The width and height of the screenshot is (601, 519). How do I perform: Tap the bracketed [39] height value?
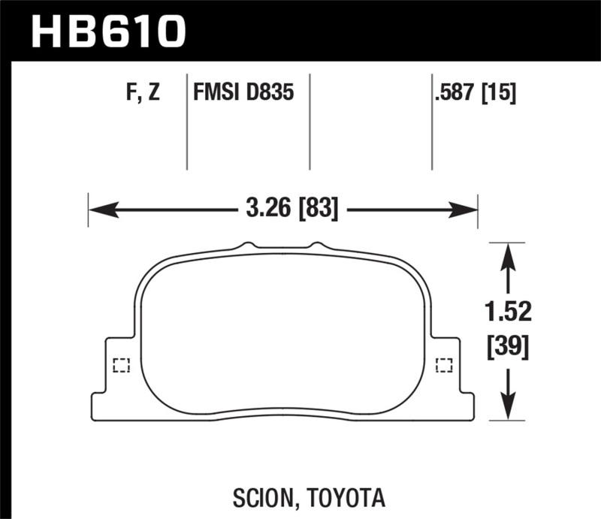pos(509,346)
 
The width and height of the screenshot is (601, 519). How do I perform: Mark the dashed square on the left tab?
pos(120,366)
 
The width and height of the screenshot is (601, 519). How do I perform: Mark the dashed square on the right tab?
pos(445,366)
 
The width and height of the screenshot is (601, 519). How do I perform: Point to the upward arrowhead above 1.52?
pos(509,252)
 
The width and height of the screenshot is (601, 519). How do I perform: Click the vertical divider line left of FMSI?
pos(186,122)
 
